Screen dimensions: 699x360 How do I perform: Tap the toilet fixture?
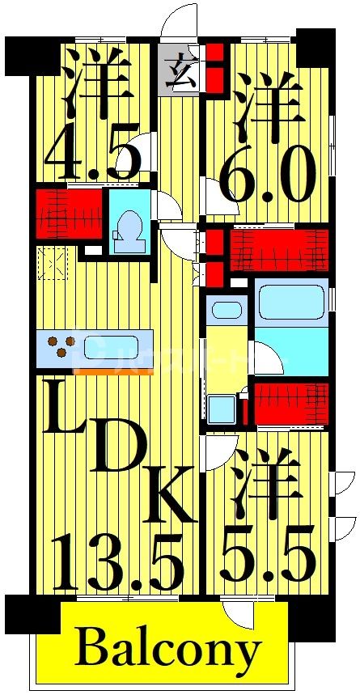coord(129,231)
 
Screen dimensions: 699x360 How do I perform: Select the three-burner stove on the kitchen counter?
coord(57,348)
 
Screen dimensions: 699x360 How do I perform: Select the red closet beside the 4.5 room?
coord(68,214)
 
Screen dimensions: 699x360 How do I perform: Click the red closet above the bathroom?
coord(279,251)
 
